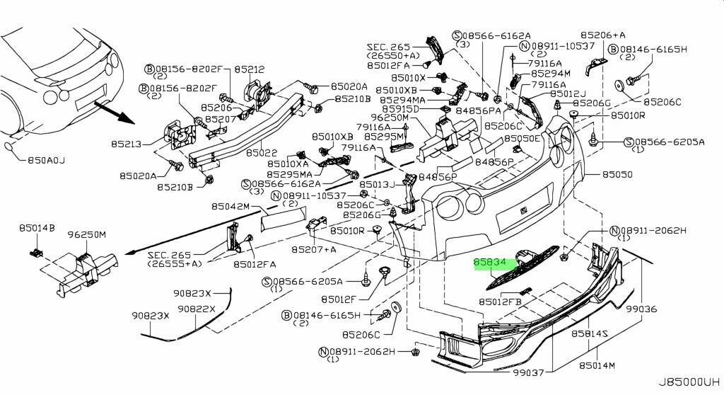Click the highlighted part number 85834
point(489,262)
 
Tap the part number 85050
point(617,173)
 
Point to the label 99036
point(641,309)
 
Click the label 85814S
point(590,333)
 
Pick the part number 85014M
point(597,366)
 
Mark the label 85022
point(262,152)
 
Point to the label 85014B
point(37,228)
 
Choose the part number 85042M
point(230,207)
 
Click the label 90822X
point(196,309)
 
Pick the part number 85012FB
point(499,302)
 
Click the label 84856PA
point(478,110)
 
